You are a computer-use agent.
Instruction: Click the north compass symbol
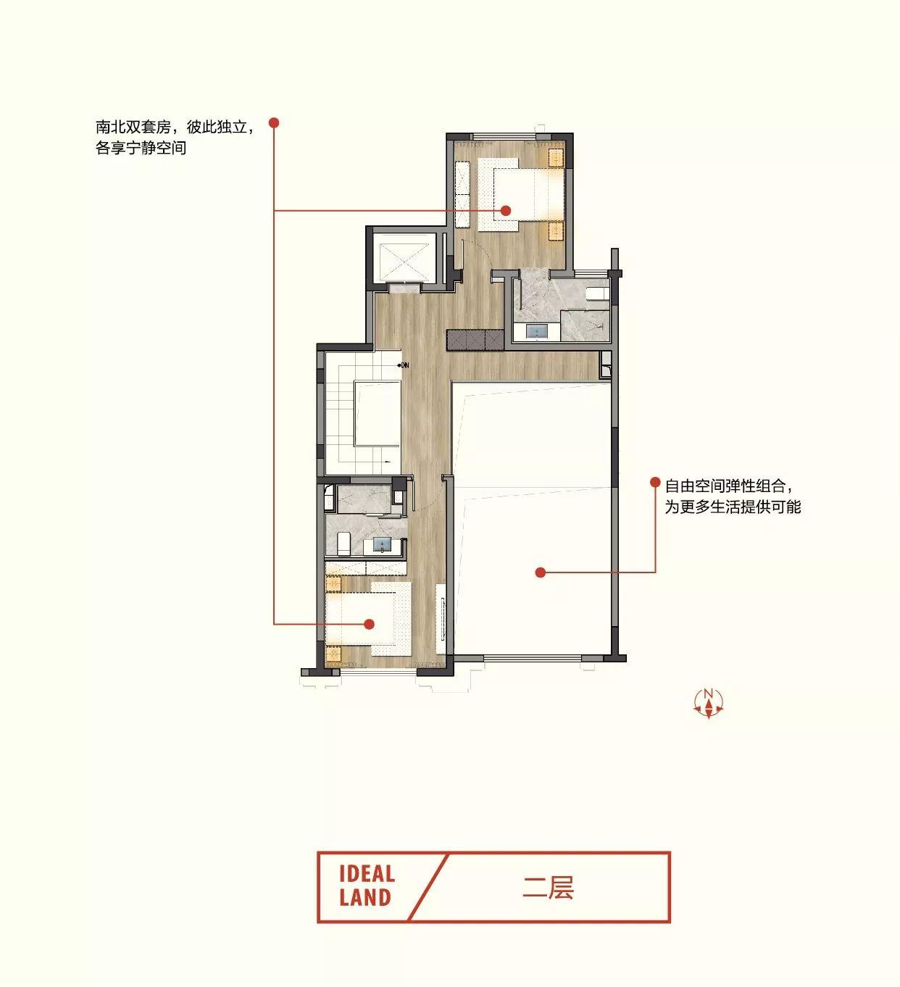tap(708, 704)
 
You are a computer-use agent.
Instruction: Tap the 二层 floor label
tap(548, 888)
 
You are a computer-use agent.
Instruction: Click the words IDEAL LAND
tap(367, 886)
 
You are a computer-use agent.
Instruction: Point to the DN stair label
tap(404, 365)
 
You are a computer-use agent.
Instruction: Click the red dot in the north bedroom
tap(505, 211)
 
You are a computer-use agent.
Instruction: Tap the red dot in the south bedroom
tap(369, 624)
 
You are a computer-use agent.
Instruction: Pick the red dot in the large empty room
tap(541, 572)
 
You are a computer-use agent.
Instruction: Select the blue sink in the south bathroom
tap(382, 545)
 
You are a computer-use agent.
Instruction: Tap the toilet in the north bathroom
tap(596, 293)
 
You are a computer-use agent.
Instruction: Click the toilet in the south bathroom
tap(343, 543)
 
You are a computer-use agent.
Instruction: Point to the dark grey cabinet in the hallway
tap(475, 340)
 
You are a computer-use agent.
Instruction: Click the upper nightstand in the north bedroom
tap(556, 158)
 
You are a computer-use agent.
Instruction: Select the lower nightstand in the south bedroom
tap(333, 654)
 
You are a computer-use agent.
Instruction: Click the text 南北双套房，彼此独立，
tap(175, 127)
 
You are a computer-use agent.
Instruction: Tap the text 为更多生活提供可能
tap(733, 507)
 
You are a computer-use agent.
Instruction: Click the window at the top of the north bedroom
tap(504, 136)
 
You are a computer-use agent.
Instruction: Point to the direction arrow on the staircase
tap(387, 462)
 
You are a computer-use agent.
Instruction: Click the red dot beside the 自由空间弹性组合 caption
tap(655, 482)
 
